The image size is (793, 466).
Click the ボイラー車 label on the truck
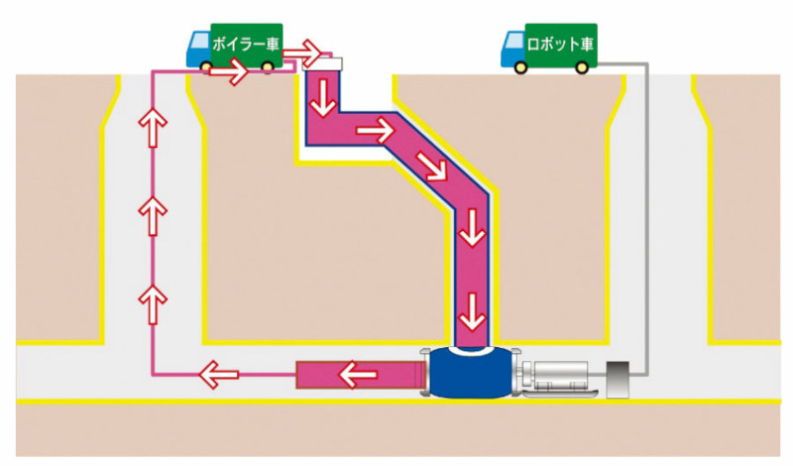245,44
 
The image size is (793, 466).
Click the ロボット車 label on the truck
560,44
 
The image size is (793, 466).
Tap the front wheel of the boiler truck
208,66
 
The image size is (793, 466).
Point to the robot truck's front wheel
521,66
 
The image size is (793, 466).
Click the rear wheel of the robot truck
581,66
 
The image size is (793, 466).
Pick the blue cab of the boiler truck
199,46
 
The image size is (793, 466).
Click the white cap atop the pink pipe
324,62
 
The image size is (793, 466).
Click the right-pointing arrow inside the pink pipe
375,128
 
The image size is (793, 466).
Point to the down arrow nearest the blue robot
474,314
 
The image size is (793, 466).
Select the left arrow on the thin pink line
215,375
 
